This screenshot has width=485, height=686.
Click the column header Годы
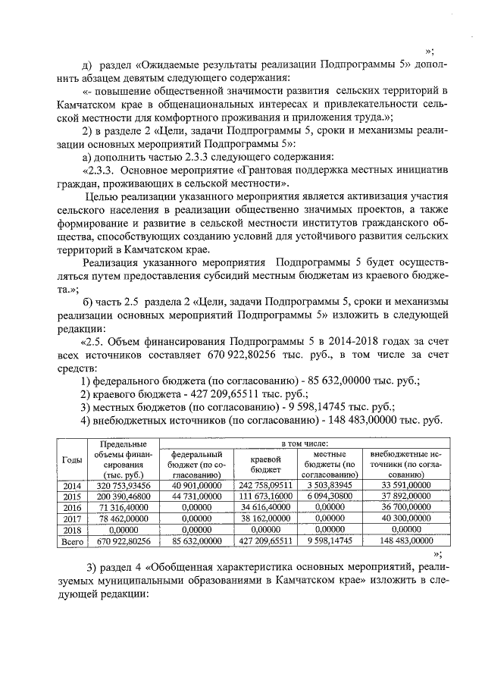coord(72,460)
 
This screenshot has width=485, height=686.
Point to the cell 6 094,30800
coord(330,496)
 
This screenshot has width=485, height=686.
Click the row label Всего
coord(72,542)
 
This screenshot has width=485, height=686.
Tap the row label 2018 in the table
coord(72,531)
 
